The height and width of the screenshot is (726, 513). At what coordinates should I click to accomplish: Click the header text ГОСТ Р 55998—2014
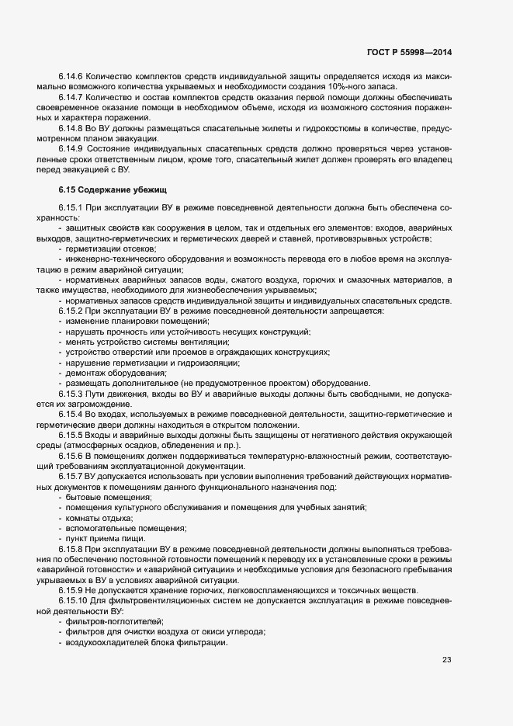(408, 51)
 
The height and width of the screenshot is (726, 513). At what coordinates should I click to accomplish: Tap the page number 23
(446, 660)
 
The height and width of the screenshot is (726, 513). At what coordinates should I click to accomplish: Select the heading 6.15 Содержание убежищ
(113, 189)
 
